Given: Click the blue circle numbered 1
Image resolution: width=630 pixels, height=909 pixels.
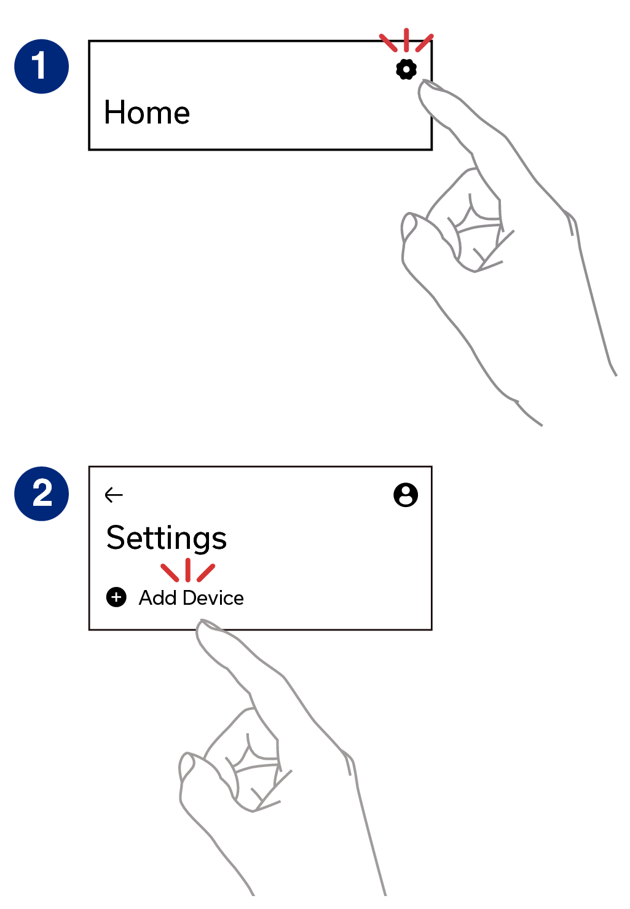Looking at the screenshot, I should pos(41,66).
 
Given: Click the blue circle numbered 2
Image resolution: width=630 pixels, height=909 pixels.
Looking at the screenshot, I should pos(41,494).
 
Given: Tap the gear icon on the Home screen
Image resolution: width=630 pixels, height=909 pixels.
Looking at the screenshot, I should pos(406,69).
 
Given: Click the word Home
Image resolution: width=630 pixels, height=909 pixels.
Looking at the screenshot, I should pos(147,112).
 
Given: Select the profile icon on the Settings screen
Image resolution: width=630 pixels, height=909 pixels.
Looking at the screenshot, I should pos(406,495).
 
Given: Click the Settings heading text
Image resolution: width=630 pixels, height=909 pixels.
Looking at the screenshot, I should pos(167,538).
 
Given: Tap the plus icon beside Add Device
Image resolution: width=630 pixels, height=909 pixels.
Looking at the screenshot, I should pos(116,597).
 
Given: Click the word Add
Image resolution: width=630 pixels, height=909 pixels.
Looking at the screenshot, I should pos(157,597).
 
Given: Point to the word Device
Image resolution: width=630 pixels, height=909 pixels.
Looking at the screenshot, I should pos(213,597).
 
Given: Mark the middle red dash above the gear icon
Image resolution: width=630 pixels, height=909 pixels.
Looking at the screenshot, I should pos(406,39).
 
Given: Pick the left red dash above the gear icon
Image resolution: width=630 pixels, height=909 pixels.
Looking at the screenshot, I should pos(388,42).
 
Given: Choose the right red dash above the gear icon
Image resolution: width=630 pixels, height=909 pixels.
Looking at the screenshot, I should pos(424,42).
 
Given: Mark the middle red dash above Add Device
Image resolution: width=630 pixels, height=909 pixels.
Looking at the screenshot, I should pos(187,570).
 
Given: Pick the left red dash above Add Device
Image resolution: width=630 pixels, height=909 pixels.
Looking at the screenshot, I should pos(170,572).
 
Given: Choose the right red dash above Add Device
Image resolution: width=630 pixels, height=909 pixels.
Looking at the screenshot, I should pos(206,572).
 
